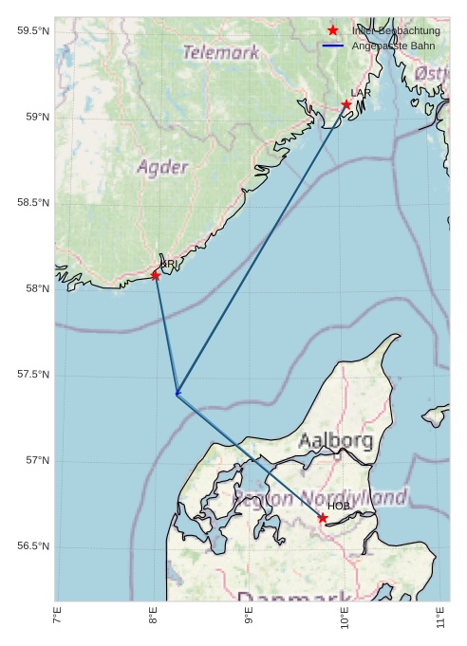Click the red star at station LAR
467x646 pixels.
point(346,104)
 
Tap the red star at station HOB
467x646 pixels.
point(323,518)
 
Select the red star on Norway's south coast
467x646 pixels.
point(156,275)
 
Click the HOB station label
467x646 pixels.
point(339,507)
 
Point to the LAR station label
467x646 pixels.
point(361,93)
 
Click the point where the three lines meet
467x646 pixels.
point(177,393)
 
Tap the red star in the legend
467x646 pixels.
point(332,30)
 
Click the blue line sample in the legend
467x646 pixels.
point(332,45)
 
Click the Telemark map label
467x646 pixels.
point(221,53)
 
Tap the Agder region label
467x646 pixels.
point(162,168)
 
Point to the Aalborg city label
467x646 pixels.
point(335,441)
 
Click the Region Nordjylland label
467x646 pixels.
point(320,498)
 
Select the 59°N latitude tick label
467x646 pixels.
point(33,117)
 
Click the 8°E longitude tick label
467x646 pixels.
point(154,619)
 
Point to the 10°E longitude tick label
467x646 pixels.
point(346,619)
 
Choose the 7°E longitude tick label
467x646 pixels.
point(58,619)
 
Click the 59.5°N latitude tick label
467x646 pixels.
point(33,31)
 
